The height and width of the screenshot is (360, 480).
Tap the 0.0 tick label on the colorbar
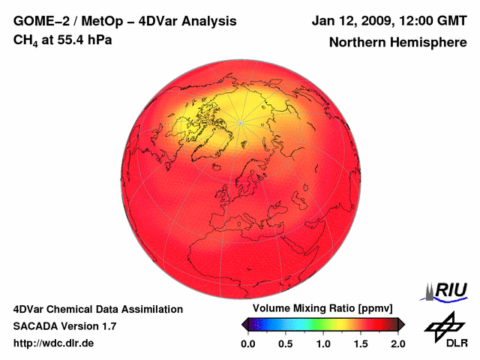pyautogui.click(x=248, y=343)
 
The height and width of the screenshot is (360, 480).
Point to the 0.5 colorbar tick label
pyautogui.click(x=286, y=343)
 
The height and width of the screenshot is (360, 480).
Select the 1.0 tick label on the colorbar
pyautogui.click(x=323, y=343)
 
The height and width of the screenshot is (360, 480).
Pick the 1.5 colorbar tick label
pyautogui.click(x=361, y=343)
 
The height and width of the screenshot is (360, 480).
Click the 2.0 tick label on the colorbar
pyautogui.click(x=397, y=343)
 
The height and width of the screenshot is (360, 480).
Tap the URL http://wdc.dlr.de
pyautogui.click(x=54, y=343)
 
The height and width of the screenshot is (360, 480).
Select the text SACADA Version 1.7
pyautogui.click(x=64, y=326)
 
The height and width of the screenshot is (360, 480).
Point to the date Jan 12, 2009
pyautogui.click(x=352, y=21)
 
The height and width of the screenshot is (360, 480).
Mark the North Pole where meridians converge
pyautogui.click(x=240, y=122)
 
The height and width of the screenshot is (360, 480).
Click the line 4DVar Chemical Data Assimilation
pyautogui.click(x=97, y=309)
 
